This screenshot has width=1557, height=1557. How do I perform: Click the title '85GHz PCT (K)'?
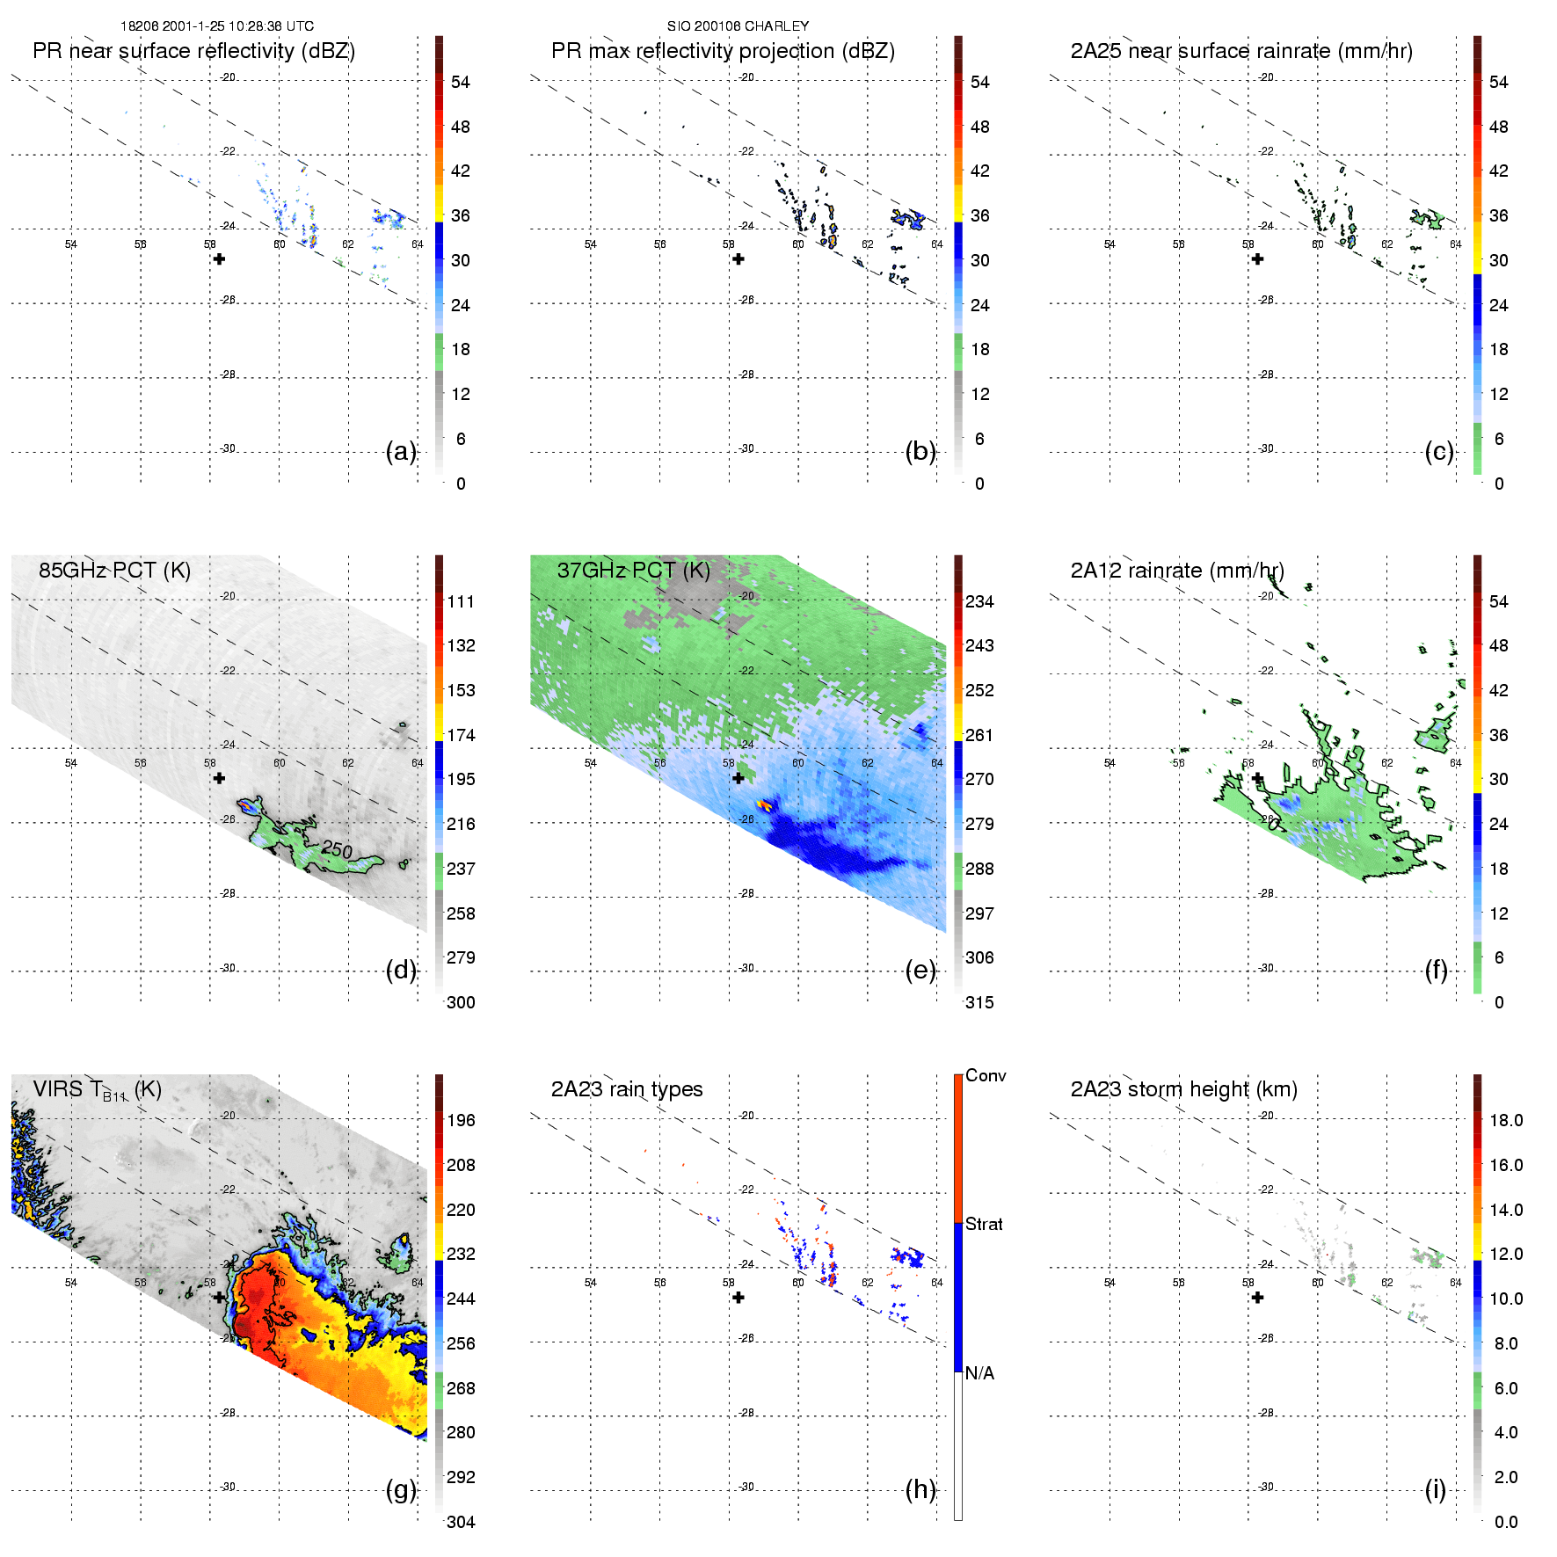(x=114, y=571)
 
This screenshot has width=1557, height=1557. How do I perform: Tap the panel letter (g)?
(x=401, y=1489)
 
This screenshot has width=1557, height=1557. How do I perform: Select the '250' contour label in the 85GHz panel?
(x=337, y=849)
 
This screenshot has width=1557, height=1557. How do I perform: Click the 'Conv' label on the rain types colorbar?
(x=986, y=1076)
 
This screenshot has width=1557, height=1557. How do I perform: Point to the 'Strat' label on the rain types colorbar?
(x=984, y=1225)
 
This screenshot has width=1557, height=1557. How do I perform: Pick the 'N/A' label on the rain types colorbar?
(x=979, y=1373)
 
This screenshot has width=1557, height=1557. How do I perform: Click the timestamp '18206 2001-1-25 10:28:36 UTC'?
(x=216, y=26)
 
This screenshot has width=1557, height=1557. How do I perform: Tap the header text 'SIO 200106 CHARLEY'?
(x=738, y=26)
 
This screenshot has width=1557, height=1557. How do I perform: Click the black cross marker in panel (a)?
(x=220, y=259)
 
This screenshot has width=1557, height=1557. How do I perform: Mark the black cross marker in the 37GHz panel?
(x=738, y=778)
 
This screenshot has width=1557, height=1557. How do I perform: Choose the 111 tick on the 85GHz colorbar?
(x=461, y=602)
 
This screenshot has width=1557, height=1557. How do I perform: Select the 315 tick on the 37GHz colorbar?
(x=979, y=1003)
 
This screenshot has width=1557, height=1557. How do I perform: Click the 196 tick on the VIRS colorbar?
(x=461, y=1121)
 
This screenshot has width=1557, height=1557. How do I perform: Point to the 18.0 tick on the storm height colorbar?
(x=1506, y=1121)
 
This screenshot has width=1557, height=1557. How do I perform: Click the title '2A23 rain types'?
(x=627, y=1089)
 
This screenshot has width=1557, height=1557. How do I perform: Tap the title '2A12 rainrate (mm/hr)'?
(x=1177, y=571)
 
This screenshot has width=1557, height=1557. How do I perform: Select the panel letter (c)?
(x=1438, y=452)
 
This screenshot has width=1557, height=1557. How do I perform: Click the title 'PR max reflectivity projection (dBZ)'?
(x=723, y=51)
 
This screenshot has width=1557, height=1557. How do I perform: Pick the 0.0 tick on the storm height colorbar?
(x=1505, y=1522)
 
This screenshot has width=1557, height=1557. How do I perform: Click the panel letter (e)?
(x=920, y=971)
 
